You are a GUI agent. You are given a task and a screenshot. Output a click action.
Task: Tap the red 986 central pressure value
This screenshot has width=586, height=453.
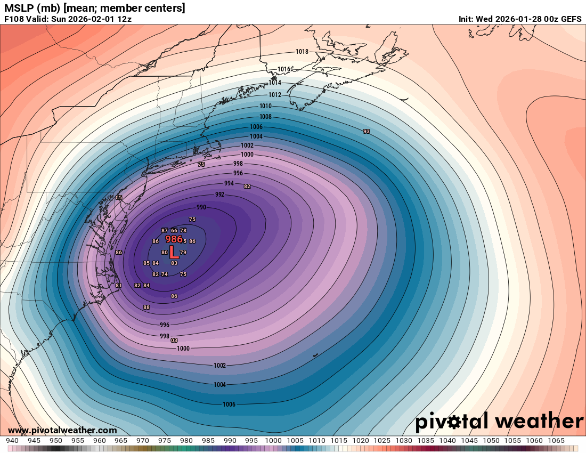(x=174, y=239)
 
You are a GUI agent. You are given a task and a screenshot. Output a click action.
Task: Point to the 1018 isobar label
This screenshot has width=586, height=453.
(x=302, y=52)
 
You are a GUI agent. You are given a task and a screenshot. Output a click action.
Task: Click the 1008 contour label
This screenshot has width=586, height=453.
(x=265, y=117)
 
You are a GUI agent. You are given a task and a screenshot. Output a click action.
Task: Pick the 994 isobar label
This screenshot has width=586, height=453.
(x=229, y=183)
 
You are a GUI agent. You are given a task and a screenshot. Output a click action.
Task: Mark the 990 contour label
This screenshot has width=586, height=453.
(x=201, y=207)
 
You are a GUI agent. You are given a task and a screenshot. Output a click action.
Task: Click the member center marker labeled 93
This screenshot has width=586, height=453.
(x=367, y=131)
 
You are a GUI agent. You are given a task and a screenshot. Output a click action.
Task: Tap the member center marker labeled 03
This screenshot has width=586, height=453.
(x=174, y=340)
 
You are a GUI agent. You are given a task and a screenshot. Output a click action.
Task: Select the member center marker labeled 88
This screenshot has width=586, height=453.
(x=146, y=307)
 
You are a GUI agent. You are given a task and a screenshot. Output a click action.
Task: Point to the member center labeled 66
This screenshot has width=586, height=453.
(x=174, y=230)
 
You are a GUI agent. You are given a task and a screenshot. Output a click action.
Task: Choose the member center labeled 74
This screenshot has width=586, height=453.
(x=165, y=274)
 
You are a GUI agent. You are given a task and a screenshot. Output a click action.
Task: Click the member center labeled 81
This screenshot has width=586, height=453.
(x=118, y=286)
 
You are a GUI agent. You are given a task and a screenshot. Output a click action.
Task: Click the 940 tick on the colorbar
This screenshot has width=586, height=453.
(x=12, y=441)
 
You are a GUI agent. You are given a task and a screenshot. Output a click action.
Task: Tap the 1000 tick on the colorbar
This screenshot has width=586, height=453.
(x=273, y=441)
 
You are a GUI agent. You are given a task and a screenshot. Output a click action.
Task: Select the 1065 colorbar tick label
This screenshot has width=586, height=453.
(x=556, y=441)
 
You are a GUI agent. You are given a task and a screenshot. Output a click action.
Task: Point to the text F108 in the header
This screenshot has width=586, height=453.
(x=14, y=19)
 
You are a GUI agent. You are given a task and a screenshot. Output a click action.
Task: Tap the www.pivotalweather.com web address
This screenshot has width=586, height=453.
(x=62, y=430)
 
